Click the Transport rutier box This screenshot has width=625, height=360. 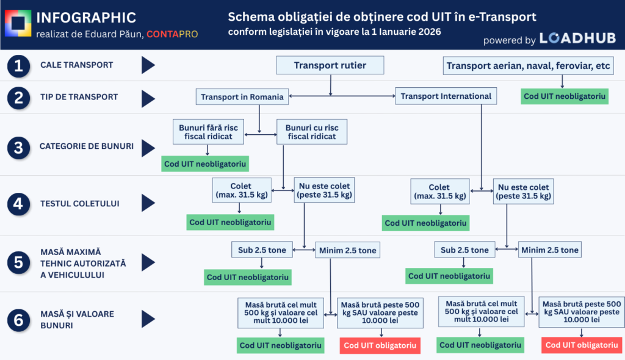(330, 65)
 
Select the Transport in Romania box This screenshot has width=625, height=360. (242, 96)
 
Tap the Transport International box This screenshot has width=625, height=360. (446, 96)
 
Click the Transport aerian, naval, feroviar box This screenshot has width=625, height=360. (528, 66)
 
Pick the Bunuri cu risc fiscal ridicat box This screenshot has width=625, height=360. (311, 132)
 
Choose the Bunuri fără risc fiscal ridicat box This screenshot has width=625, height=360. (209, 132)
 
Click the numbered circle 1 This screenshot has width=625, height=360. (19, 65)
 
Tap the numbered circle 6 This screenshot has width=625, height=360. (19, 319)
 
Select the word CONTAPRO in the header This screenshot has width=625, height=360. (172, 34)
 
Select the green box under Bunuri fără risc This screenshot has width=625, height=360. (206, 164)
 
